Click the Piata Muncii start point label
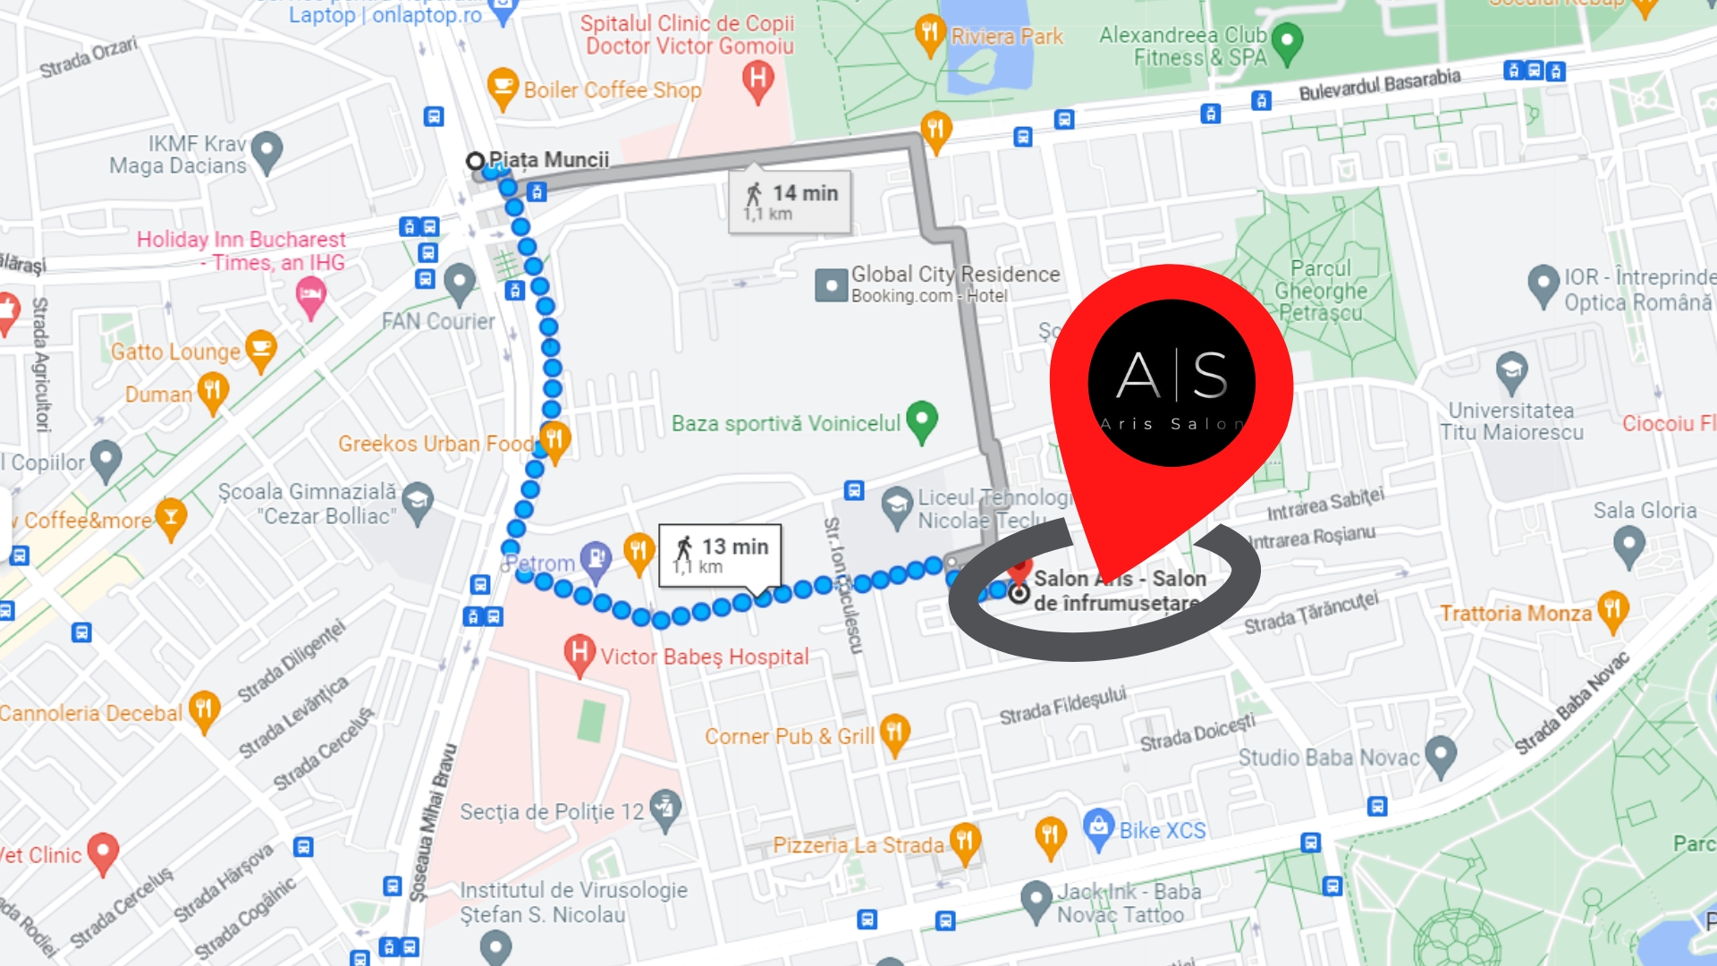[x=548, y=160]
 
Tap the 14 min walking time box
[x=790, y=201]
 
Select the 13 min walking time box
[x=720, y=555]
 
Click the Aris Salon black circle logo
[x=1171, y=383]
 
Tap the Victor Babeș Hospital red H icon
[x=579, y=653]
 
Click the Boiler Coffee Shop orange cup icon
[x=503, y=88]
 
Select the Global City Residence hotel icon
[x=831, y=285]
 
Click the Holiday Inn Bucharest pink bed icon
[x=310, y=295]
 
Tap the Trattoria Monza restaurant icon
[x=1612, y=610]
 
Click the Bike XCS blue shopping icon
[x=1098, y=827]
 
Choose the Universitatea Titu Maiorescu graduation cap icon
[x=1511, y=370]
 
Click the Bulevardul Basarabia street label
[x=1379, y=85]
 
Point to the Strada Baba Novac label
[x=1571, y=703]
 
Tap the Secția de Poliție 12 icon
[x=665, y=809]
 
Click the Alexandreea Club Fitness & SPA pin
[x=1286, y=42]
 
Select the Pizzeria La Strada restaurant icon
[x=964, y=842]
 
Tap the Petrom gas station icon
[x=595, y=559]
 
